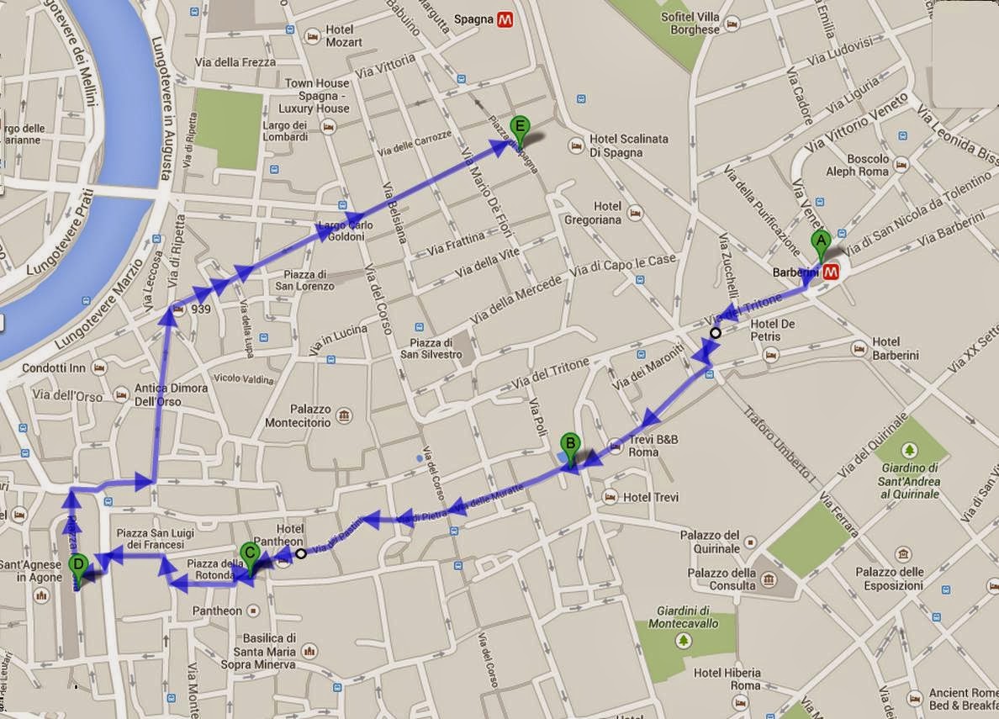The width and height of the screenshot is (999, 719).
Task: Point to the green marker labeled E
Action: (521, 130)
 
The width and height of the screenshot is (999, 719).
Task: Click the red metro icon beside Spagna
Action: (505, 19)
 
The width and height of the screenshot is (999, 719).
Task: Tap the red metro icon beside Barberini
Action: (832, 272)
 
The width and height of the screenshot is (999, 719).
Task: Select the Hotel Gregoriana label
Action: (607, 213)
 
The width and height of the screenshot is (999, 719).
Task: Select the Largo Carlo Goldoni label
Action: (341, 231)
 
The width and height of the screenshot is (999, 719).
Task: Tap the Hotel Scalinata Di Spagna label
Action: (616, 146)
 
